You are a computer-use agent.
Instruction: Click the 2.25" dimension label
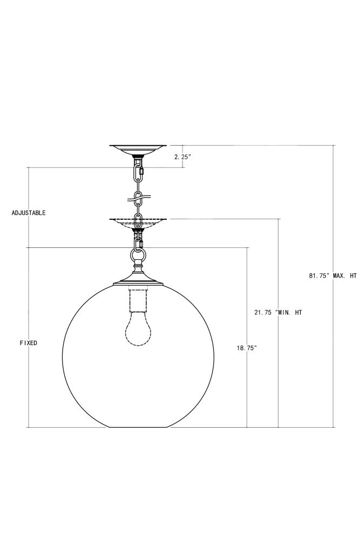click(182, 157)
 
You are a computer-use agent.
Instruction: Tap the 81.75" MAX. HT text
click(333, 275)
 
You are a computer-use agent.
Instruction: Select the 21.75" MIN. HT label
click(278, 312)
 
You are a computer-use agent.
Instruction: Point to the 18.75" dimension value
click(247, 348)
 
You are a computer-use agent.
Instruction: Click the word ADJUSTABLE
click(29, 213)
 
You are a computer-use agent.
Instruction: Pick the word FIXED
click(29, 343)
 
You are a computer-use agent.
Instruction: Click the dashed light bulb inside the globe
click(138, 328)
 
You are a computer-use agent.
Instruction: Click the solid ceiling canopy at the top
click(138, 150)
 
